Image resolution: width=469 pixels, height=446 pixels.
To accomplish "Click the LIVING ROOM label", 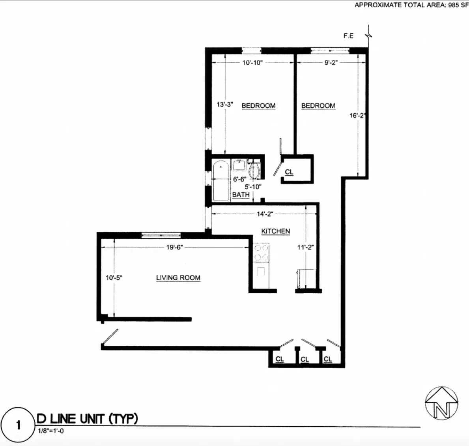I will click(x=178, y=278).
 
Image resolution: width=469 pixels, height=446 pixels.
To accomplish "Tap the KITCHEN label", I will click(x=275, y=231).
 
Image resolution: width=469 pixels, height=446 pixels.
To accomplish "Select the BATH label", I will click(x=241, y=195).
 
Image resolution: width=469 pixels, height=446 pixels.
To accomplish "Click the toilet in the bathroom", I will click(x=254, y=170).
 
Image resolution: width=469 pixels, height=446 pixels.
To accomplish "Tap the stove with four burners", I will click(x=261, y=253).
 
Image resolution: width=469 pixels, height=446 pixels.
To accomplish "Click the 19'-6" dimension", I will click(x=174, y=247).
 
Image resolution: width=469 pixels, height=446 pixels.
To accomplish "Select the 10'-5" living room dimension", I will click(x=114, y=278).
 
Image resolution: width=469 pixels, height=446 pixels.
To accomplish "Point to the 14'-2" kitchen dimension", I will click(x=265, y=214).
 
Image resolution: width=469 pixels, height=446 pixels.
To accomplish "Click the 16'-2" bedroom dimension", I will click(x=357, y=116).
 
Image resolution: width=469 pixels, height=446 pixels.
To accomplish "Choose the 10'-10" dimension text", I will click(x=252, y=63).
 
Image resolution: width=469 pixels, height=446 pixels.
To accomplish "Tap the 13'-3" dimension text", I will click(x=225, y=105).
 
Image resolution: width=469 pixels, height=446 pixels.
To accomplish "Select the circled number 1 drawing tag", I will click(x=18, y=425).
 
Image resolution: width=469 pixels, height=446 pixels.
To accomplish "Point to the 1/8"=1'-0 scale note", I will click(x=50, y=431).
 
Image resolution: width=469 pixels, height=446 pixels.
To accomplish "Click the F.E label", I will click(x=348, y=36).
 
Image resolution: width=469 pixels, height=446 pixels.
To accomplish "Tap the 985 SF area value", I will click(x=458, y=5).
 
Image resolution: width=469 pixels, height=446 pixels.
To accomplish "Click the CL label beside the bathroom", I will click(x=289, y=172).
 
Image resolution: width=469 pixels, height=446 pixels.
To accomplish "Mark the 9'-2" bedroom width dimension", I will click(x=331, y=63).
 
